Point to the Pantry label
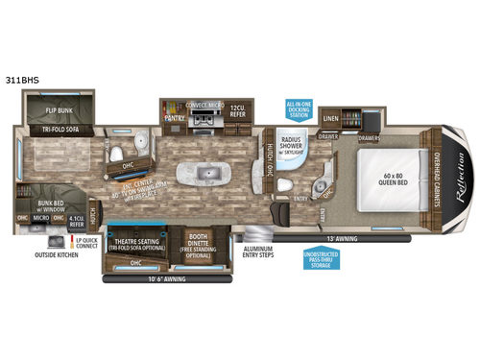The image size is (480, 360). click(174, 118)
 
